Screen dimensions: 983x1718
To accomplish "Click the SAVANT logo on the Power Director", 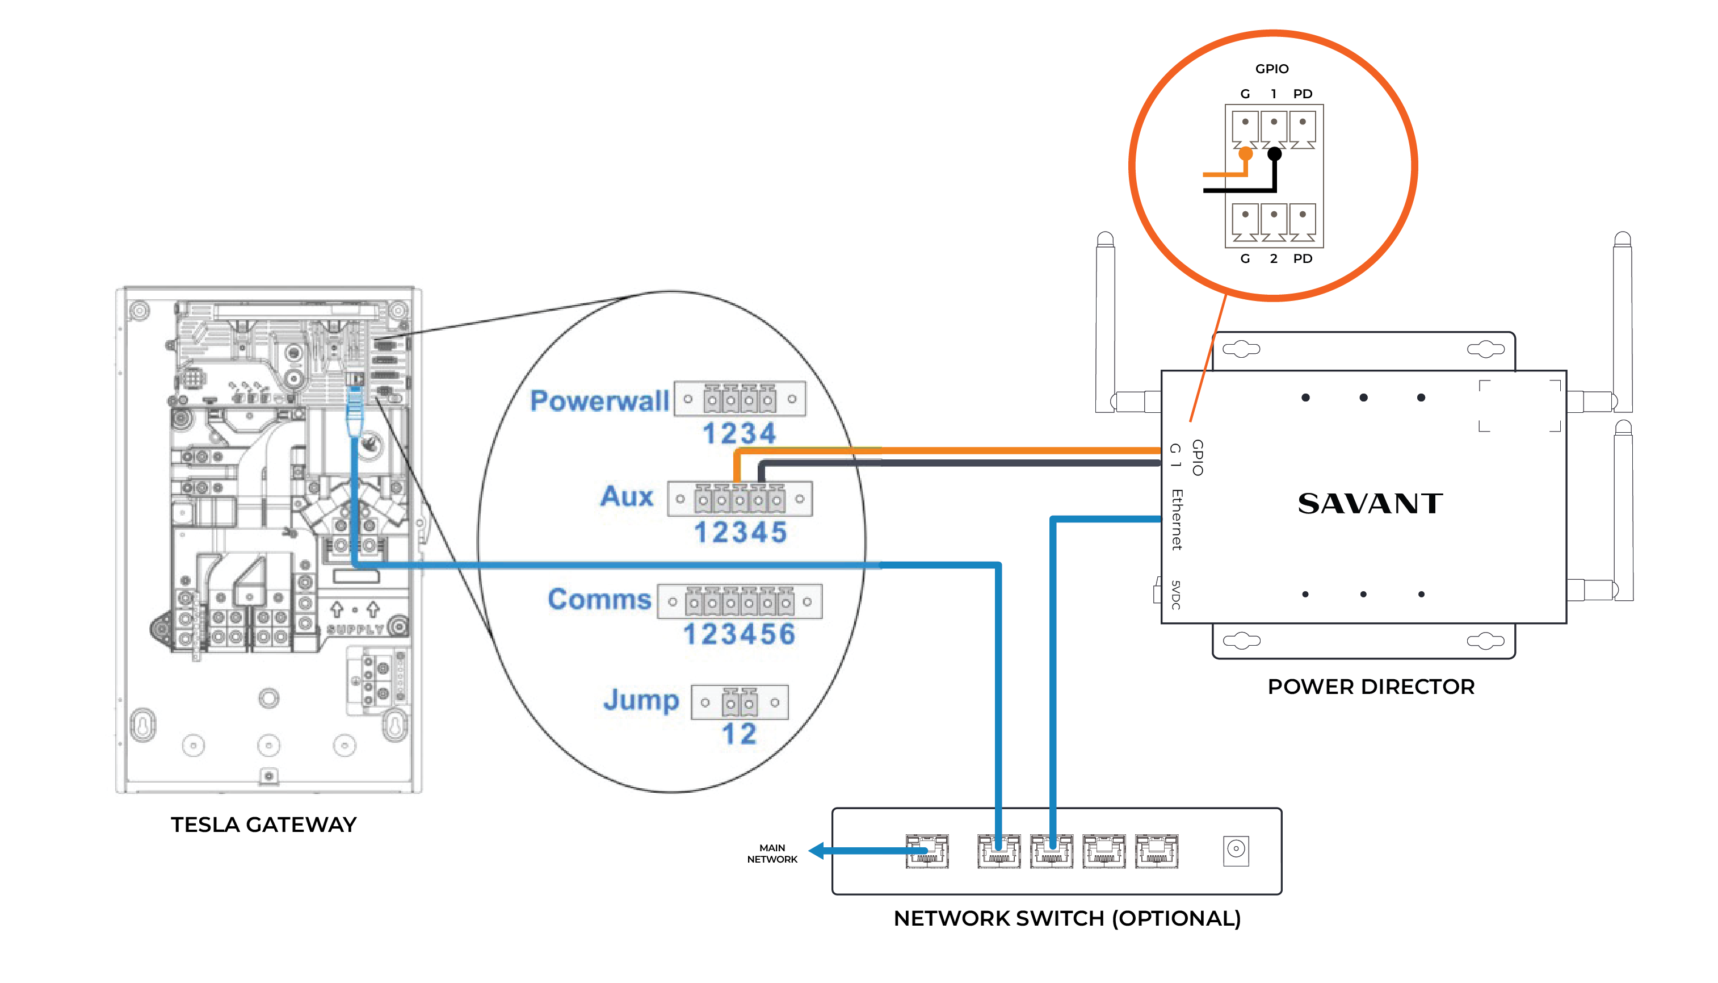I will tap(1370, 504).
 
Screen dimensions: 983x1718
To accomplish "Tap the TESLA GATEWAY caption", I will tap(263, 825).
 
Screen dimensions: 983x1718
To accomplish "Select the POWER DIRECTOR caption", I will tap(1371, 687).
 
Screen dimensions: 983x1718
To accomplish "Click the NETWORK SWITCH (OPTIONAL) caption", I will tap(1067, 918).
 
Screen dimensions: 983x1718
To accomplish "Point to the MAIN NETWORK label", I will tap(772, 854).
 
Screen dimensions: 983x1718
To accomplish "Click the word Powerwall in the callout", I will tap(599, 401).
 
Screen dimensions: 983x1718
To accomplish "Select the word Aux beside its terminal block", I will tap(627, 496).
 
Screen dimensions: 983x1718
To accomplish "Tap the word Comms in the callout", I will tap(599, 600).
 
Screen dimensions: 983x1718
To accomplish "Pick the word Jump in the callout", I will tap(641, 700).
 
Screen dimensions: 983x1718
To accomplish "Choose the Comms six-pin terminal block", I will tap(740, 601).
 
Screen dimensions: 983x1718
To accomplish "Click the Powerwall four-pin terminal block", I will tap(740, 399).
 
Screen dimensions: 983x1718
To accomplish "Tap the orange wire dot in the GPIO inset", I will tap(1246, 154).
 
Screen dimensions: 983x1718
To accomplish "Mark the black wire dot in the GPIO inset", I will tap(1274, 154).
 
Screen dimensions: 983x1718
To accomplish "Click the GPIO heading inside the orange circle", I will tap(1271, 69).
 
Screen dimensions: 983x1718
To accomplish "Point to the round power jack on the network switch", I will tap(1236, 850).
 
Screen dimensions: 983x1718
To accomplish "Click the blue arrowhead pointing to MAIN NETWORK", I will tap(817, 851).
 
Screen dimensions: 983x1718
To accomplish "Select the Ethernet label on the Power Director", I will tap(1177, 520).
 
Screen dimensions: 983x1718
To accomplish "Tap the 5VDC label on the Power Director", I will tap(1175, 595).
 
